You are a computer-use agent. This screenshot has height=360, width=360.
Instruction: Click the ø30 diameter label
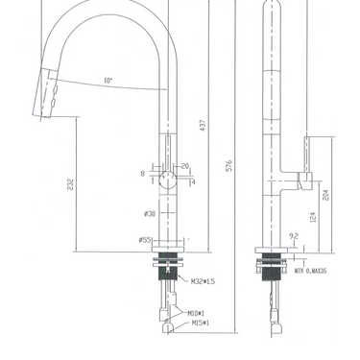pyautogui.click(x=150, y=212)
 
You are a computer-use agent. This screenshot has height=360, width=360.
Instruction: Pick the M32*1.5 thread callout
pyautogui.click(x=205, y=281)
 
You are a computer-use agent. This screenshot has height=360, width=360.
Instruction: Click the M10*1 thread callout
pyautogui.click(x=200, y=312)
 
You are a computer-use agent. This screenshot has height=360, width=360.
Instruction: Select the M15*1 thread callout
pyautogui.click(x=200, y=325)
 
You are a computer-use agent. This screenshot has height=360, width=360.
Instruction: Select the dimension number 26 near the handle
pyautogui.click(x=184, y=165)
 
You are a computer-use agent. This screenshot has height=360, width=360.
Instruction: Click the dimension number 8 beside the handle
pyautogui.click(x=142, y=174)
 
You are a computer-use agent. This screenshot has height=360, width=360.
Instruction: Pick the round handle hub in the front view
pyautogui.click(x=171, y=176)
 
